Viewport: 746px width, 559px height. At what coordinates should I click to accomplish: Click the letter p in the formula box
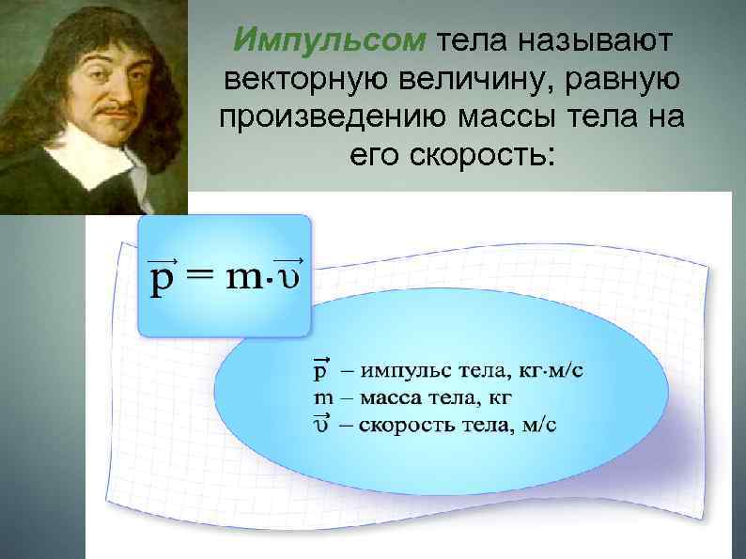[x=163, y=279]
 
